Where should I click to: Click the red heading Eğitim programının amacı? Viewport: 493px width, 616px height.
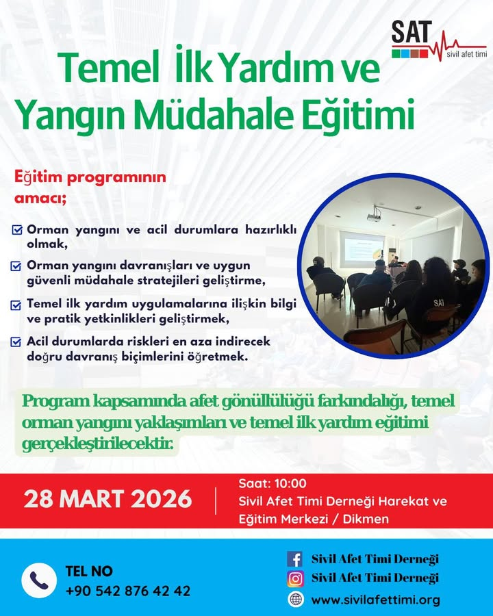pos(90,186)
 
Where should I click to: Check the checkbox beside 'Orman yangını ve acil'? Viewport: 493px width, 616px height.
pos(17,230)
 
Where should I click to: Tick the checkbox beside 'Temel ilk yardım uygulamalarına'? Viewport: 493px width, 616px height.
pos(17,304)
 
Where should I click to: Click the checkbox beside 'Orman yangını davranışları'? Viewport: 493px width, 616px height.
pos(17,265)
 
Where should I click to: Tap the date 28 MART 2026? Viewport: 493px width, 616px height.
pos(108,499)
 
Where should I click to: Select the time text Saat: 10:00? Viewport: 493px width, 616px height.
pos(273,484)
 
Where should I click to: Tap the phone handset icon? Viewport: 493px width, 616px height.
pos(39,580)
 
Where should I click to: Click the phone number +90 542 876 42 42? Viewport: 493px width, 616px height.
pos(128,591)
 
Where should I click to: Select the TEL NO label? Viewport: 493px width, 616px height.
pos(89,571)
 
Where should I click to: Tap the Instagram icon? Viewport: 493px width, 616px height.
pos(295,579)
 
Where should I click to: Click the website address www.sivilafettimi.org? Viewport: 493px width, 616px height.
pos(375,600)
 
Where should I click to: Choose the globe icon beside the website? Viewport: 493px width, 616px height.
pos(295,600)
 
